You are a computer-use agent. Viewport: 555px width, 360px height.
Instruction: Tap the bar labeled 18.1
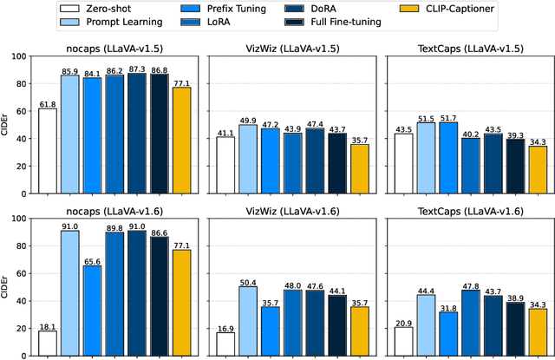[x=48, y=344]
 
